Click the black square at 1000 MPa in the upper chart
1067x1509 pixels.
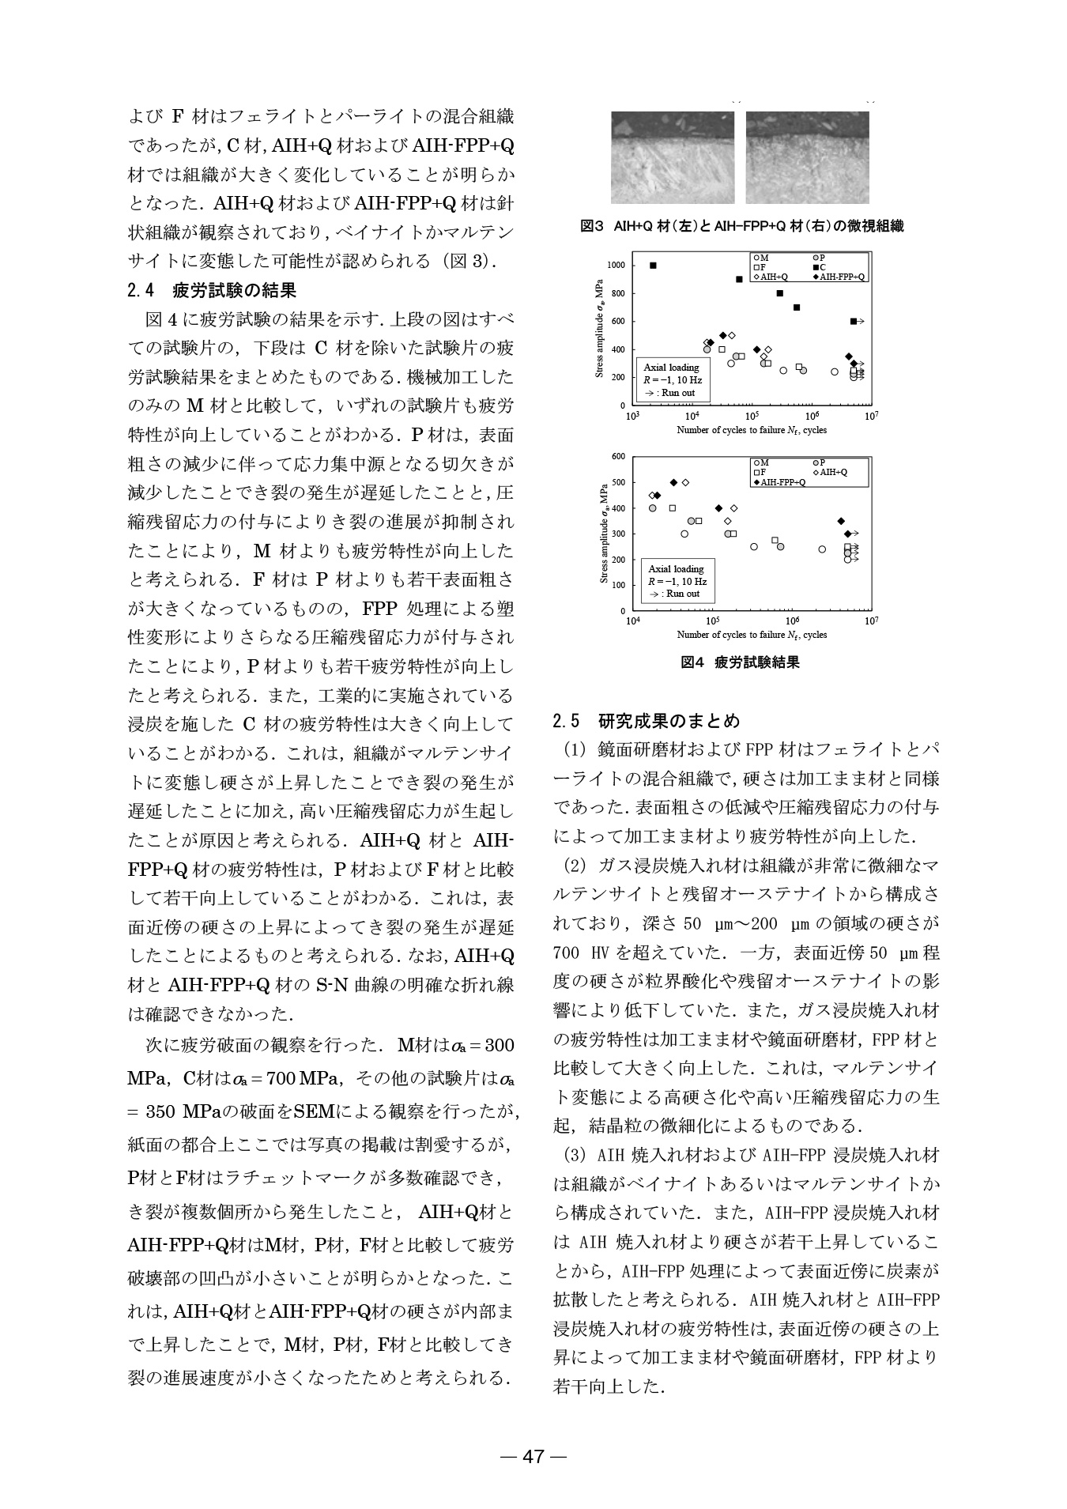pos(653,266)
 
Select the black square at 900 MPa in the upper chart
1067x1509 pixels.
pos(739,279)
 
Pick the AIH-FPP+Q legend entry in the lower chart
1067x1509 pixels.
pos(782,481)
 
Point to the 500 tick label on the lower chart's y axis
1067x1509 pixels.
pos(618,482)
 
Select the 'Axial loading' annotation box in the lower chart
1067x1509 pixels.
pos(676,581)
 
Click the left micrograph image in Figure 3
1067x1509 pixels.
pos(673,158)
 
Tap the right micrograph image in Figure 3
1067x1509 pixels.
pos(808,158)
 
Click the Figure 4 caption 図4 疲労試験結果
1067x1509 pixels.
pos(741,662)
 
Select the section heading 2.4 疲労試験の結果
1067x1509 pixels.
pos(212,290)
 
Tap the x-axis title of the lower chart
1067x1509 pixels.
pos(751,635)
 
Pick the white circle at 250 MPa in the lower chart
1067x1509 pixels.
pos(754,546)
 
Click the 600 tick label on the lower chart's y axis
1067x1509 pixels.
pos(618,457)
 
